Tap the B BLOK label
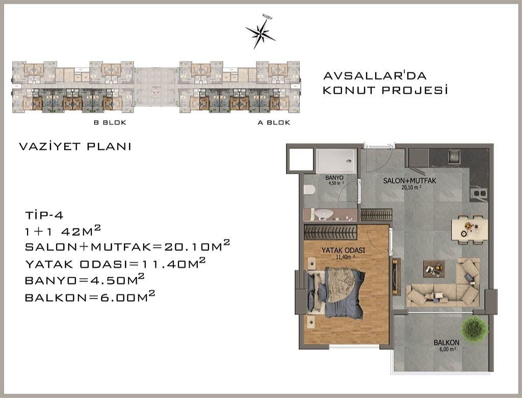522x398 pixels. (x=110, y=122)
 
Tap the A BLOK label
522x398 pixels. (x=274, y=122)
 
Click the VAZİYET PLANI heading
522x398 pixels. (x=75, y=146)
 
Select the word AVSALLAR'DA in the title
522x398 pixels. (x=375, y=75)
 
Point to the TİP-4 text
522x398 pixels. (x=44, y=215)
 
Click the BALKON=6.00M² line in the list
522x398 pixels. (x=90, y=296)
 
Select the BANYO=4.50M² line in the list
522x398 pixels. (x=85, y=279)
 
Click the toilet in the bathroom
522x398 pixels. (x=309, y=190)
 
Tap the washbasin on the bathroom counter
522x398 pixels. (x=324, y=214)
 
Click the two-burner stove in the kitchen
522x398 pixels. (x=479, y=193)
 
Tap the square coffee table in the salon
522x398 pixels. (x=434, y=269)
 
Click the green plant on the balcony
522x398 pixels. (x=475, y=329)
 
